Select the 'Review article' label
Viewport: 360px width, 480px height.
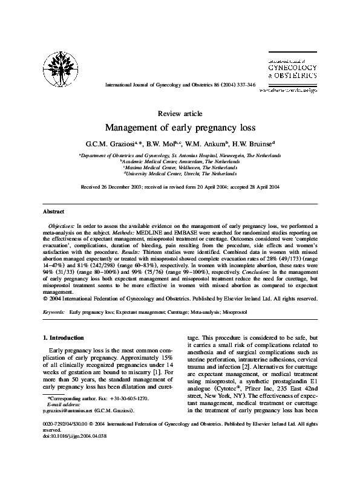[180, 114]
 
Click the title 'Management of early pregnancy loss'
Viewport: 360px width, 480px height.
[180, 128]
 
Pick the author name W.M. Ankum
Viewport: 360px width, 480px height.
[209, 144]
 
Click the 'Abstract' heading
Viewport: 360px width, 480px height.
[53, 212]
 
